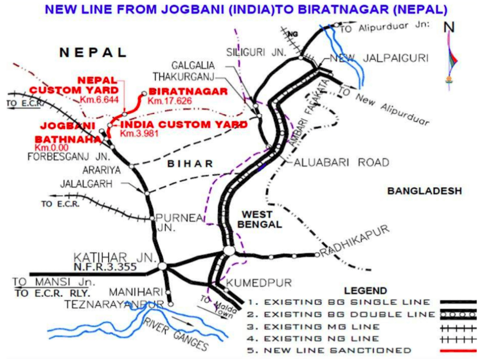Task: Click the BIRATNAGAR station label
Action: point(188,91)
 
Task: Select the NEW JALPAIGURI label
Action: point(378,58)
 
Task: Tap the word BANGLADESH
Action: point(424,191)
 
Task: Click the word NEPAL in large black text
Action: point(93,53)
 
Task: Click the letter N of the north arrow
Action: point(450,27)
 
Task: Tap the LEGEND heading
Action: point(365,291)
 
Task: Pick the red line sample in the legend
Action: point(458,351)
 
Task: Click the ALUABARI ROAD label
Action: point(341,163)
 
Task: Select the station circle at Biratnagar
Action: point(144,94)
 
